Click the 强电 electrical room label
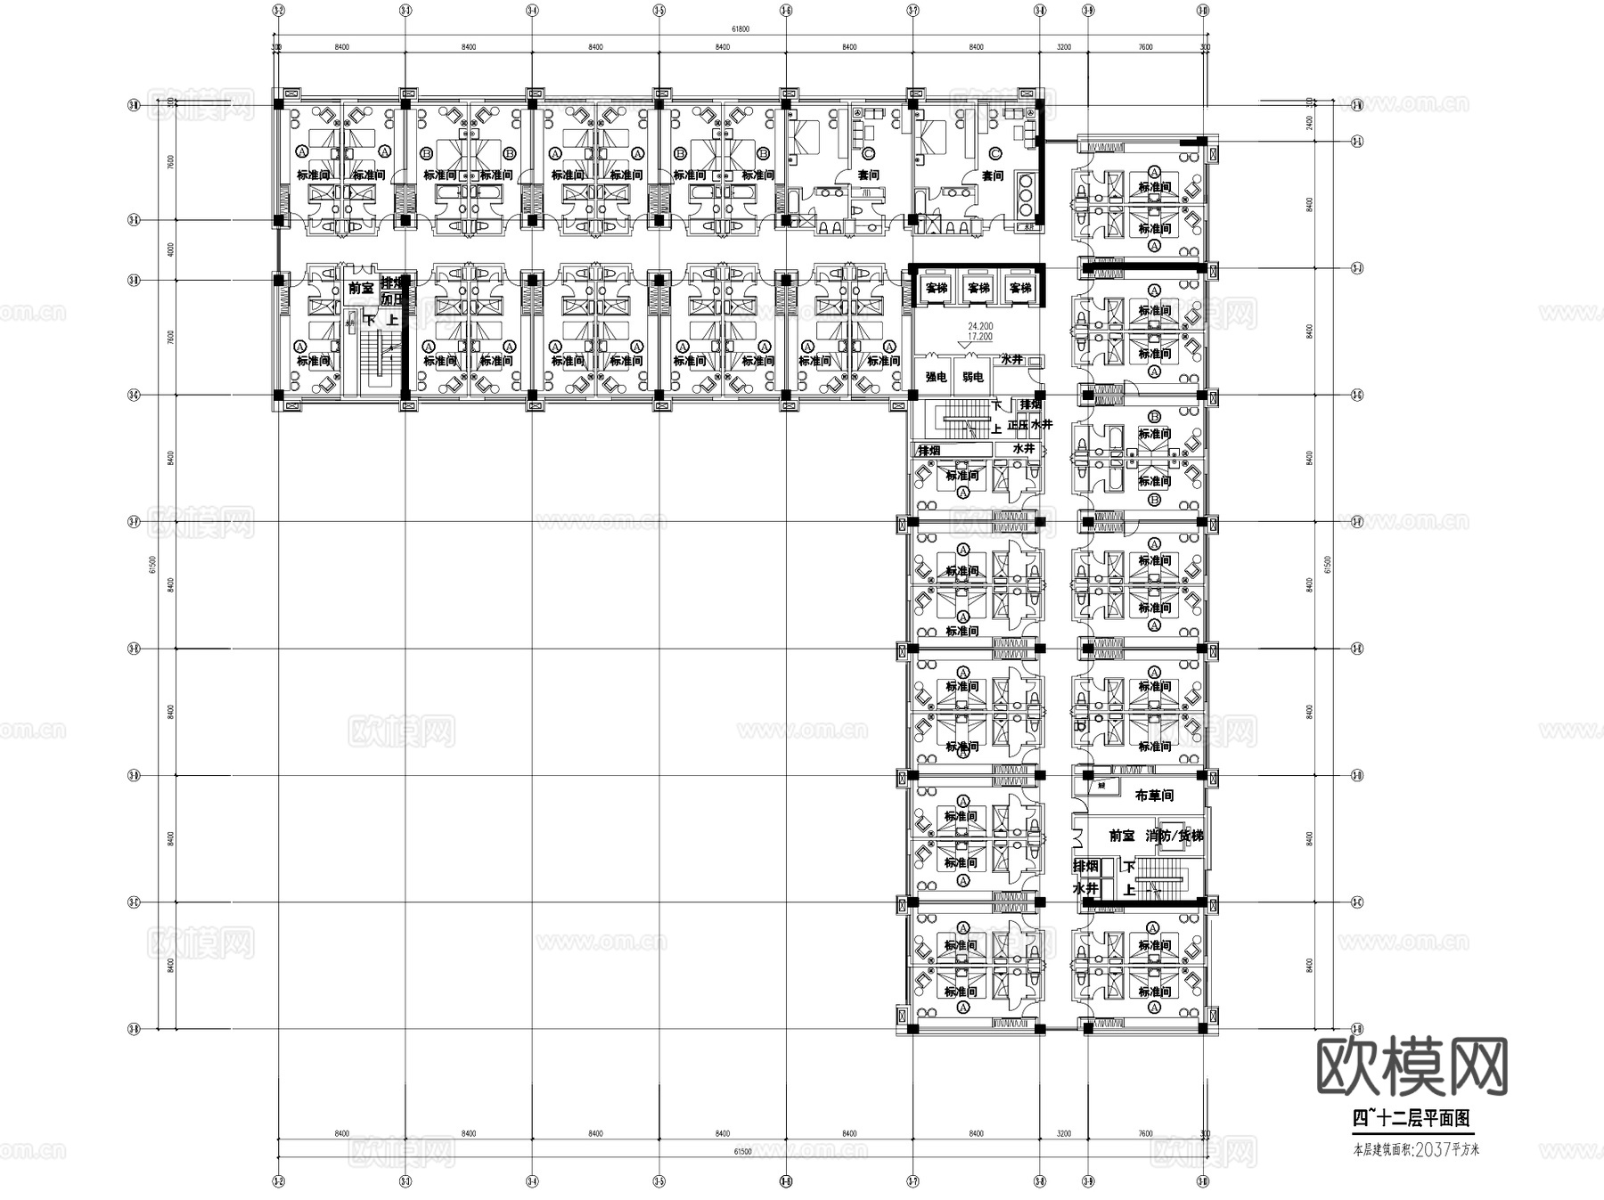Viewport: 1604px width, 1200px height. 935,378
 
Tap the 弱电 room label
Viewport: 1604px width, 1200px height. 973,378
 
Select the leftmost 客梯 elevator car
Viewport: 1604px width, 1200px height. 936,288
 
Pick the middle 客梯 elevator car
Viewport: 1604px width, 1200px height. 978,288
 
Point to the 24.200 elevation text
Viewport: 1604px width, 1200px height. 979,326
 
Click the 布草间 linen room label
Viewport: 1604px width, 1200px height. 1154,795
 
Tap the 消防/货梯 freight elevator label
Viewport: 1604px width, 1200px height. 1174,836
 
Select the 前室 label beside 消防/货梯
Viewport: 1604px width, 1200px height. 1121,836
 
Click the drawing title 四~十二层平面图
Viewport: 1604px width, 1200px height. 1412,1118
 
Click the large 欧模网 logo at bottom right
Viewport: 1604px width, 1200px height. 1412,1066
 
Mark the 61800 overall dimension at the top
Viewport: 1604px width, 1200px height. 741,29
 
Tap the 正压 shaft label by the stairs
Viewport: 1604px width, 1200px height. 1017,426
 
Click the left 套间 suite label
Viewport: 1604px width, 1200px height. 868,176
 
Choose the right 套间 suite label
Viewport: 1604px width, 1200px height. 993,176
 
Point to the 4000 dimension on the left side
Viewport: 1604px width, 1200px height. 170,249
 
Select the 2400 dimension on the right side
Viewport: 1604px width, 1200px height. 1309,122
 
